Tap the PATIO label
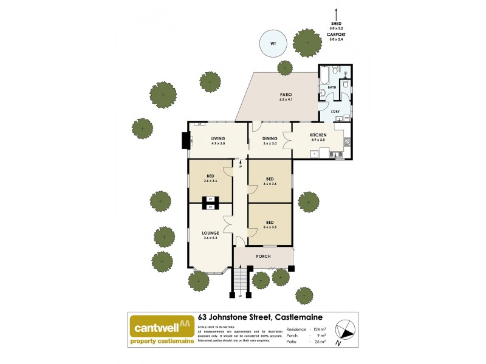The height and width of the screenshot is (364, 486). (286, 95)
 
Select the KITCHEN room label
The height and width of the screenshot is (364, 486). (318, 135)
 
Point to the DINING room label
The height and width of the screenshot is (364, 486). (270, 138)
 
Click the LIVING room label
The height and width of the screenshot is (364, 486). (218, 138)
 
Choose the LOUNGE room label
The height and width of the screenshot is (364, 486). (211, 233)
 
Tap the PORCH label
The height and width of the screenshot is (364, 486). (263, 256)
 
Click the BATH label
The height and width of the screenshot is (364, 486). (332, 87)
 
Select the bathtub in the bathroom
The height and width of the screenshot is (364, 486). (324, 75)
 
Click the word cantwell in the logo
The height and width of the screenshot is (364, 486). (156, 328)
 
